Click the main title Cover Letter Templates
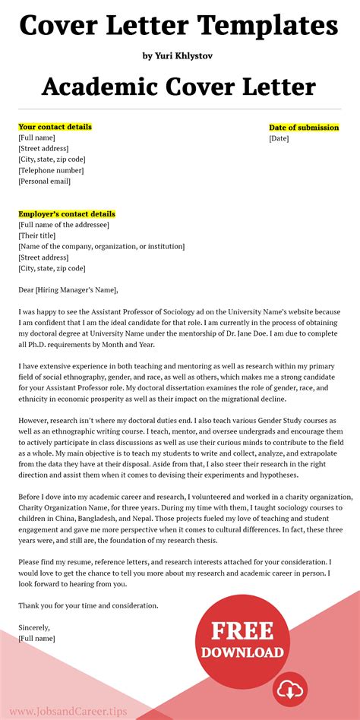pos(179,26)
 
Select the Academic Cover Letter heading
pos(179,86)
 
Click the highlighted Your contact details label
pos(55,127)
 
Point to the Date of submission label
pos(304,128)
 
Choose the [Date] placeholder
pos(279,138)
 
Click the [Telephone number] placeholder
pos(52,171)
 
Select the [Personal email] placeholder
pos(44,182)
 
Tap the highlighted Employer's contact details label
pos(67,214)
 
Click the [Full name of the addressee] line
pos(64,225)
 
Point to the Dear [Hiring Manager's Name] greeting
pos(68,290)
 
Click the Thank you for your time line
pos(88,606)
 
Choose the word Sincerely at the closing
pos(34,627)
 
